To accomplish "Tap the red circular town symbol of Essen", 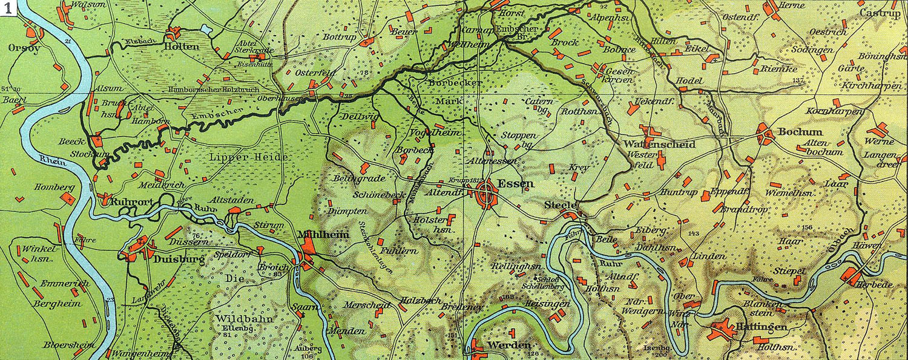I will point(488,195).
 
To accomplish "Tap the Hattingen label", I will point(755,327).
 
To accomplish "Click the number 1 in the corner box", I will point(7,7).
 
